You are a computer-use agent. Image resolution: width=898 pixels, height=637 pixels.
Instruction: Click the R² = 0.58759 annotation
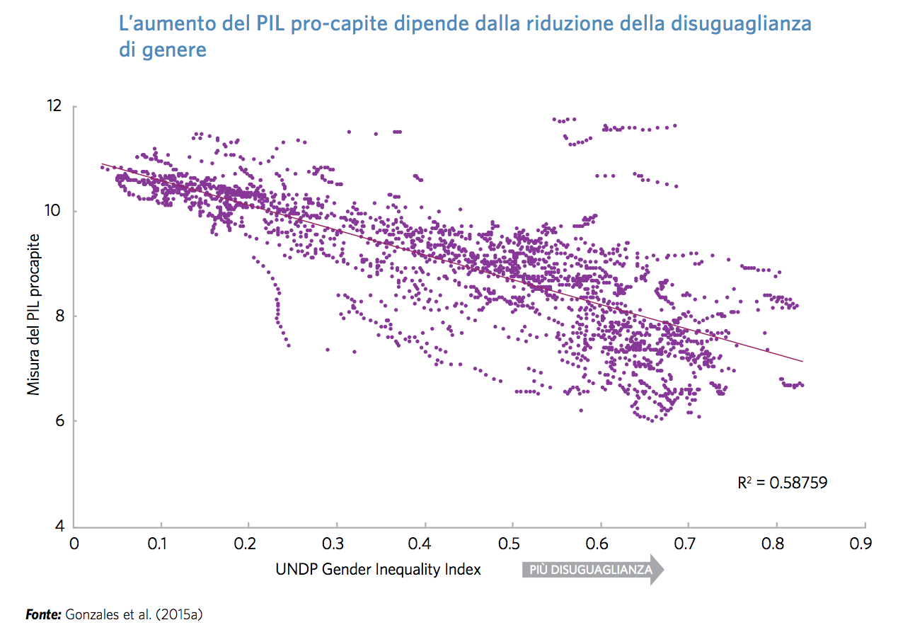click(782, 483)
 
